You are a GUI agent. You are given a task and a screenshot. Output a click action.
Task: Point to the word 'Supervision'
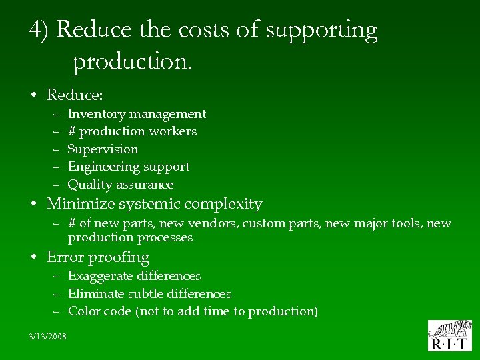103,149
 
